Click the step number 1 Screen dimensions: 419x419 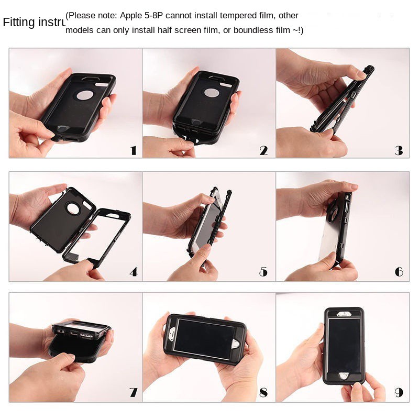coord(133,151)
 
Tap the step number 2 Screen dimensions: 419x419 coord(263,151)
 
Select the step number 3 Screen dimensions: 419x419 coord(399,151)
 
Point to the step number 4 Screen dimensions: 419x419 coord(133,272)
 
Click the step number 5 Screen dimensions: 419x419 coord(263,272)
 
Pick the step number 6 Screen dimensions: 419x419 coord(399,272)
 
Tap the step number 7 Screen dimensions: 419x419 coord(133,392)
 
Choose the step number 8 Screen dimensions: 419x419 coord(263,392)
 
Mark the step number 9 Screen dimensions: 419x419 coord(399,392)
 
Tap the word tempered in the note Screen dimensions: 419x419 coord(232,16)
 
